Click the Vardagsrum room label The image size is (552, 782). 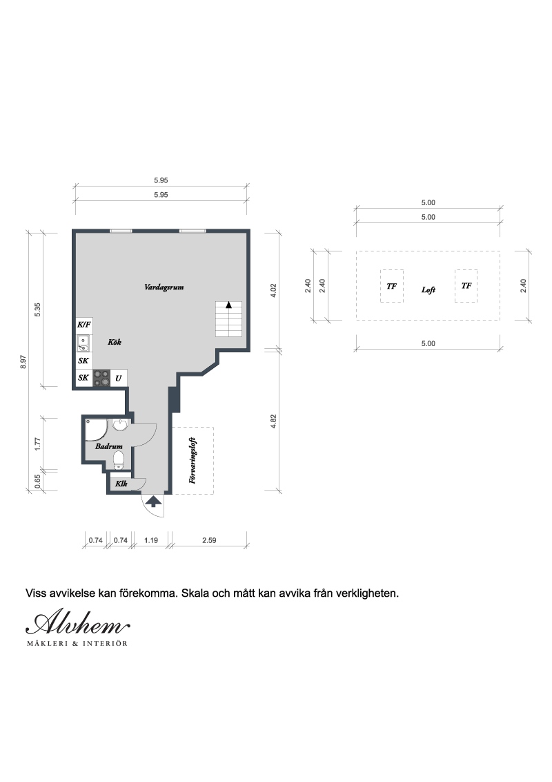pyautogui.click(x=164, y=287)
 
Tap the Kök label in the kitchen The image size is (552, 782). pyautogui.click(x=115, y=342)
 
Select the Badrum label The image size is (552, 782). pyautogui.click(x=109, y=446)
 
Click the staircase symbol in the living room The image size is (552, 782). pyautogui.click(x=228, y=318)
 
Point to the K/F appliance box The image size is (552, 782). pyautogui.click(x=84, y=325)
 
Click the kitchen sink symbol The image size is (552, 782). pyautogui.click(x=83, y=343)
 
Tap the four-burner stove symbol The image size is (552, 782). pyautogui.click(x=101, y=378)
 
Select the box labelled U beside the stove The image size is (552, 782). pyautogui.click(x=119, y=378)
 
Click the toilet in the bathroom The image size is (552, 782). pyautogui.click(x=119, y=460)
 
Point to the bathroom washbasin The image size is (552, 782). pyautogui.click(x=120, y=425)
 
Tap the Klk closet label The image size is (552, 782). pyautogui.click(x=121, y=484)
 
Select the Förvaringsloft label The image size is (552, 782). pyautogui.click(x=193, y=460)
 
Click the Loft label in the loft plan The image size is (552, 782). pyautogui.click(x=428, y=289)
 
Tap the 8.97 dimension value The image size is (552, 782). pyautogui.click(x=23, y=361)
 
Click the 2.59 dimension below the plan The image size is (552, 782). pyautogui.click(x=209, y=540)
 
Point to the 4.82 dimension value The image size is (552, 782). pyautogui.click(x=273, y=421)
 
